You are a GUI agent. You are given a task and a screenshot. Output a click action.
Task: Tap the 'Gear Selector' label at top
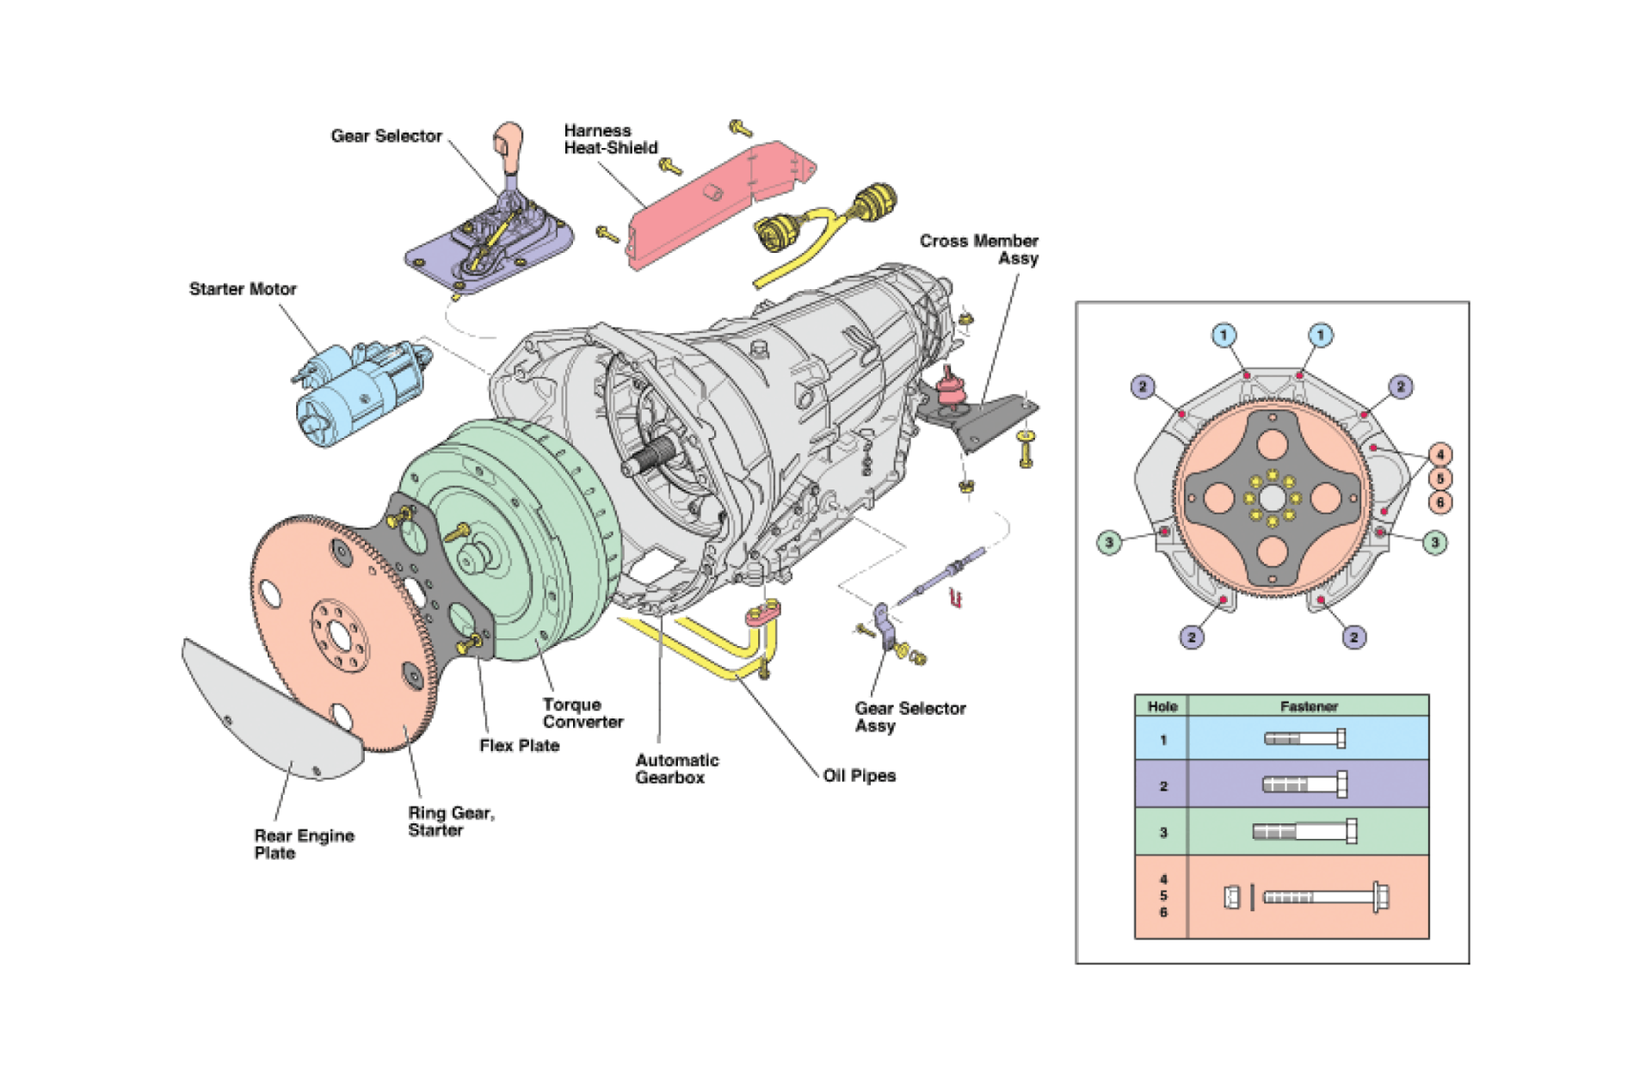pos(386,136)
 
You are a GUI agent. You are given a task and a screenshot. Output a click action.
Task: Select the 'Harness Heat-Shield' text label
pos(610,139)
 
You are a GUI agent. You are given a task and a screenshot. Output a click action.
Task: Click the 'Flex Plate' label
pos(519,746)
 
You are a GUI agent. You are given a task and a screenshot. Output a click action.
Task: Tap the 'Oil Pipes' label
pos(859,776)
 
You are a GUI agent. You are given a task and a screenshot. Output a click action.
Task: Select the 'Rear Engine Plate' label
pos(304,844)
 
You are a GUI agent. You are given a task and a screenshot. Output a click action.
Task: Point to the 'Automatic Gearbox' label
pos(676,769)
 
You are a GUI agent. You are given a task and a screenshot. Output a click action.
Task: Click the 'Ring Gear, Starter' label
pos(450,822)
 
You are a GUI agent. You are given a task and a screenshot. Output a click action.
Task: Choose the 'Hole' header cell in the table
pos(1162,706)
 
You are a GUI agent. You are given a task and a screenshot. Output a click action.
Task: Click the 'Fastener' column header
pos(1309,706)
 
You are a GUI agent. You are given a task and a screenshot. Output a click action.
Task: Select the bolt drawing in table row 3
pos(1304,831)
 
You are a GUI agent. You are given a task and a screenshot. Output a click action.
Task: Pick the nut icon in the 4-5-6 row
pos(1231,897)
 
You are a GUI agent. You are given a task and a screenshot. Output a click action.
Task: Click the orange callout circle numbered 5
pos(1440,478)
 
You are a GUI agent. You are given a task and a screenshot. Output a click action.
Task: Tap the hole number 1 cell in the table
pos(1162,740)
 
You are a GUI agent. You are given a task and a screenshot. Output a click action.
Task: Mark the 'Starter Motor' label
pos(243,289)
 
